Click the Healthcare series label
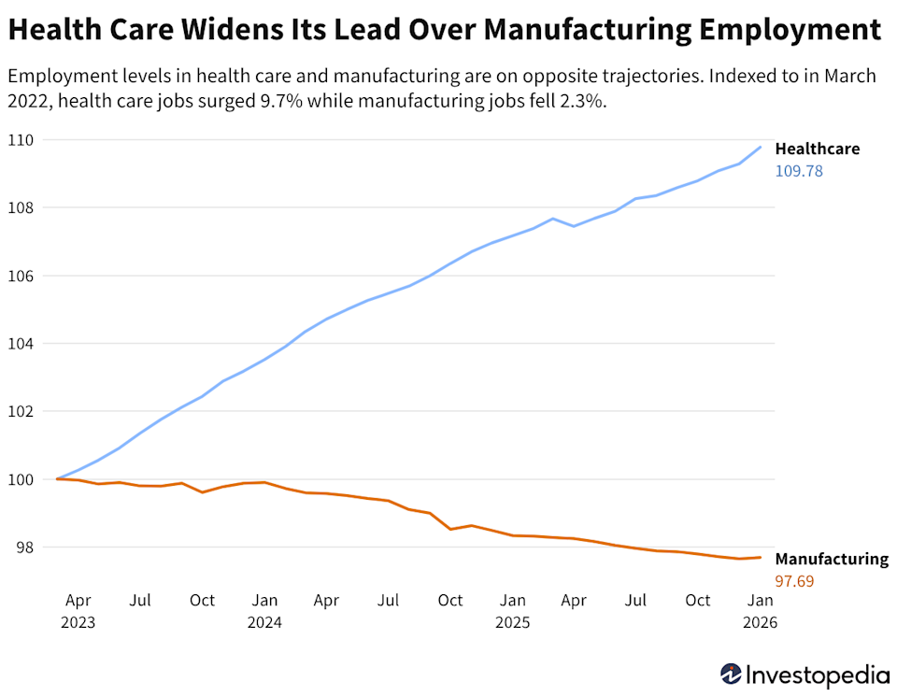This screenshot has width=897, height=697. pyautogui.click(x=817, y=149)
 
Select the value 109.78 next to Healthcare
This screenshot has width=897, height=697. pyautogui.click(x=799, y=172)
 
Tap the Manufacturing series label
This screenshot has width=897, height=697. pyautogui.click(x=831, y=559)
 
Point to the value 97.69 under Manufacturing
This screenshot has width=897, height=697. pyautogui.click(x=794, y=581)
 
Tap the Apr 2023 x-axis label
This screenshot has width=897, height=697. pyautogui.click(x=78, y=609)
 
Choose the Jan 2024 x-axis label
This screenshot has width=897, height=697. pyautogui.click(x=264, y=609)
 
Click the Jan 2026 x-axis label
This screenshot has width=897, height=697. pyautogui.click(x=760, y=609)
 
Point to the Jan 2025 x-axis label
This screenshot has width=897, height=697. pyautogui.click(x=512, y=609)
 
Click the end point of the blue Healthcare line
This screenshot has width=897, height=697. pyautogui.click(x=761, y=147)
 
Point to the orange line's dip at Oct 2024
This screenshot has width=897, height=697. pyautogui.click(x=450, y=529)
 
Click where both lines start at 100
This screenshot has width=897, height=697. pyautogui.click(x=58, y=478)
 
